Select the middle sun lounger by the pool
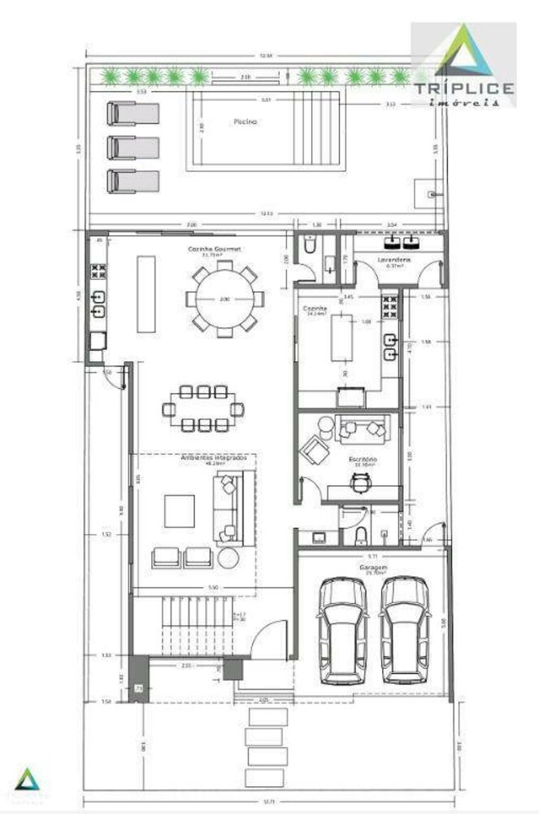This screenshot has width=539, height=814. [x=132, y=147]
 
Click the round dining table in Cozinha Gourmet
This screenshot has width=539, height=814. [x=224, y=299]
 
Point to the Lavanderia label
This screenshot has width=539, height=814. [x=394, y=259]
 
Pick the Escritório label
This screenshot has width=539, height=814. [x=363, y=460]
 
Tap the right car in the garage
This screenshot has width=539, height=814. [x=404, y=629]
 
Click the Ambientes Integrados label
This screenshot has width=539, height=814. [x=202, y=458]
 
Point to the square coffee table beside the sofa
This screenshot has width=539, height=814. [x=180, y=511]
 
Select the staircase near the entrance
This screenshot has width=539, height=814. [x=193, y=625]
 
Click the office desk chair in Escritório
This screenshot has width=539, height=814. [x=358, y=482]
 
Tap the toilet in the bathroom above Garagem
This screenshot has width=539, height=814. [x=361, y=534]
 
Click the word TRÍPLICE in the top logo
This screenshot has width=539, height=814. [x=463, y=88]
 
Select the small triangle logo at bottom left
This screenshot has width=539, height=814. [x=28, y=778]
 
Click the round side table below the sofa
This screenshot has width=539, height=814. [x=228, y=558]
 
